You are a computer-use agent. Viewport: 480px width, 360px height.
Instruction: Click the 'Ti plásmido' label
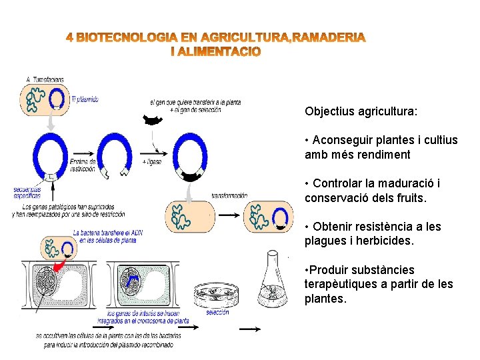point(85,99)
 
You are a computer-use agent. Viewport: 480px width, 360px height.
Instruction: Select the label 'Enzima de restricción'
point(83,165)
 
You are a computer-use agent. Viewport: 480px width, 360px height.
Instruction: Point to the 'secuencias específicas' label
point(27,193)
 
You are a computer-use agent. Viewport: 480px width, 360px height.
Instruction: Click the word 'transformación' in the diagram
point(229,195)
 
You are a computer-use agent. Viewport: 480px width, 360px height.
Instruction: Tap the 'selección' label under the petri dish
point(217,312)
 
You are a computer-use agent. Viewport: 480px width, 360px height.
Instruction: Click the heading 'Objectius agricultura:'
point(361,111)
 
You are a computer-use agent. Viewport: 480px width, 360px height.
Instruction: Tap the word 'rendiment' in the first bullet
point(383,154)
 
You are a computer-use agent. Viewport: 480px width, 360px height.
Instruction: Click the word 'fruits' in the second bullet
point(409,197)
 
